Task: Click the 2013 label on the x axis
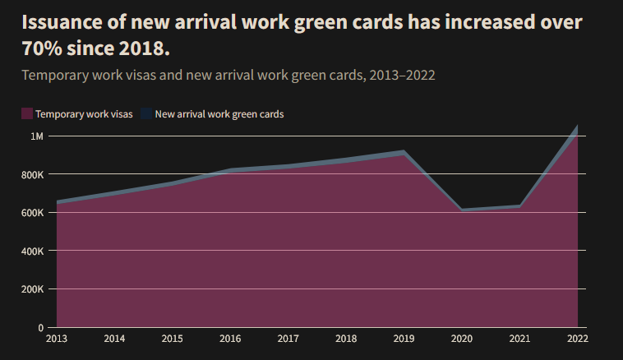[57, 338]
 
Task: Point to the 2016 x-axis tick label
[230, 338]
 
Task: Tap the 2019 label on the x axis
[404, 338]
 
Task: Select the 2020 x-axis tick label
[461, 338]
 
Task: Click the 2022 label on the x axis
[577, 338]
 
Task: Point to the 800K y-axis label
[32, 174]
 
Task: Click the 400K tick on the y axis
[32, 251]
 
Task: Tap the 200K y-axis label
[32, 289]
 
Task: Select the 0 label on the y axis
[40, 327]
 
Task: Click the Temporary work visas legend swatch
[27, 114]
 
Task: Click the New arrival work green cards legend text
[219, 114]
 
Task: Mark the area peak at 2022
[577, 127]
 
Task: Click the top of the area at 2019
[404, 152]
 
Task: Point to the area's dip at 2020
[461, 210]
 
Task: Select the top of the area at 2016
[230, 170]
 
